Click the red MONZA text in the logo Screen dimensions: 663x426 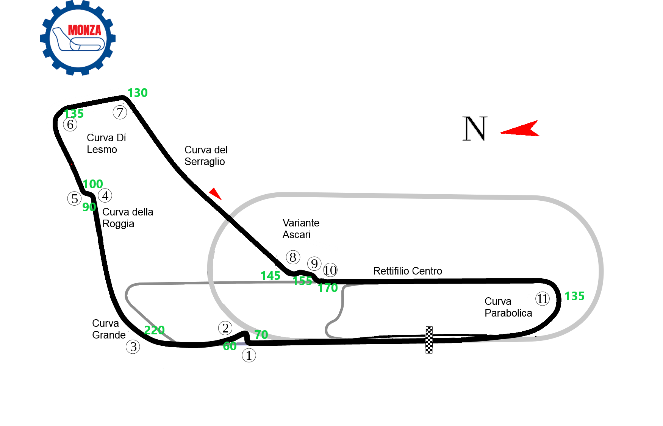[x=84, y=30]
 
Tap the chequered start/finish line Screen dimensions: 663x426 [x=429, y=340]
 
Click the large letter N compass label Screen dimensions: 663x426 [x=475, y=128]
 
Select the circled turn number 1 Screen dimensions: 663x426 [x=249, y=355]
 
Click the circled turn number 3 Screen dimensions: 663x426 [x=133, y=346]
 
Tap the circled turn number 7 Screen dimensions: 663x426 [x=120, y=112]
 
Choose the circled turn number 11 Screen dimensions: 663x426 [x=543, y=299]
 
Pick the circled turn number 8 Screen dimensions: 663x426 [x=293, y=257]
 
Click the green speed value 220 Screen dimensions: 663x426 [x=154, y=330]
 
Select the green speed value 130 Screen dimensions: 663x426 [x=138, y=93]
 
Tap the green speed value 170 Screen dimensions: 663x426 [x=328, y=288]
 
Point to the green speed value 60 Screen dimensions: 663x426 [x=230, y=346]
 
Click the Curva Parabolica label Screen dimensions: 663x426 [x=508, y=307]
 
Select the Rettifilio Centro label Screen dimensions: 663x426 [x=408, y=271]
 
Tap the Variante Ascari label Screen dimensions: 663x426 [x=301, y=229]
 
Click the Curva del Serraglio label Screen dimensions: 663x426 [x=206, y=156]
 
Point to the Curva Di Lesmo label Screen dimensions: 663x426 [x=106, y=144]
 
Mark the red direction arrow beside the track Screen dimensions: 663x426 [x=215, y=193]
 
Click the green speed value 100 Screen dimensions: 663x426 [x=93, y=184]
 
